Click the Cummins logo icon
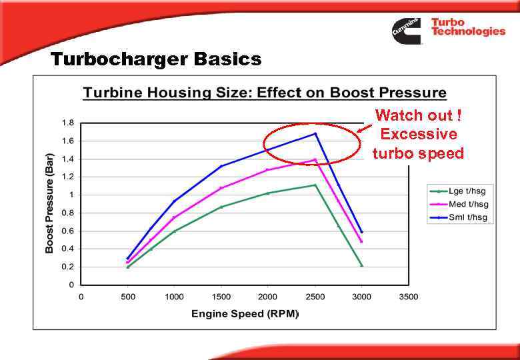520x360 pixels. pos(406,31)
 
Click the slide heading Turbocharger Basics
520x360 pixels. pos(156,60)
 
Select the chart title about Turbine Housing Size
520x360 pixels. pos(264,93)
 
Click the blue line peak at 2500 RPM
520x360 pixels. pos(315,133)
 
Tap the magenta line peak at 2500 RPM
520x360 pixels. pos(315,159)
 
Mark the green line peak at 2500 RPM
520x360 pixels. pos(315,185)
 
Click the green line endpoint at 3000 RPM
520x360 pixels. pos(362,266)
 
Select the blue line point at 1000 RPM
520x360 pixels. pos(175,201)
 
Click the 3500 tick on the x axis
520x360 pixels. pos(408,297)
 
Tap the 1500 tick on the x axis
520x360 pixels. pos(221,297)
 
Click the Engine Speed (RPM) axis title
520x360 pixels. pos(245,313)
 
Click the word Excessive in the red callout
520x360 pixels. pos(418,134)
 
